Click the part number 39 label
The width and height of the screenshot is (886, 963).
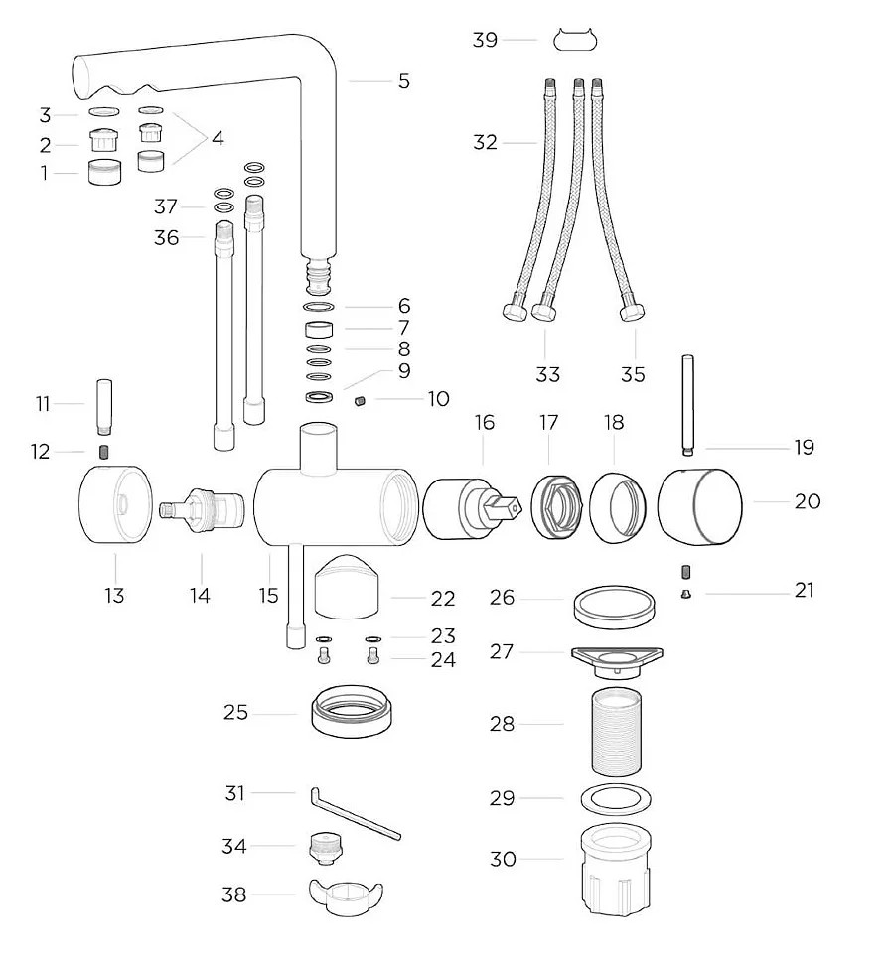coord(485,40)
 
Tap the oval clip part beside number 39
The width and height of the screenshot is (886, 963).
coord(575,40)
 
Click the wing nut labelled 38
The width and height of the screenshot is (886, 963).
coord(345,897)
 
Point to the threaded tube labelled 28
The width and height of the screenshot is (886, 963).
coord(616,732)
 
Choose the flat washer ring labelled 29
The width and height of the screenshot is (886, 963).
coord(616,798)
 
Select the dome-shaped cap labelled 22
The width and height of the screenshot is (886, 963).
coord(347,586)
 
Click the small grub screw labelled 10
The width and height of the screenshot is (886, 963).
coord(361,401)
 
